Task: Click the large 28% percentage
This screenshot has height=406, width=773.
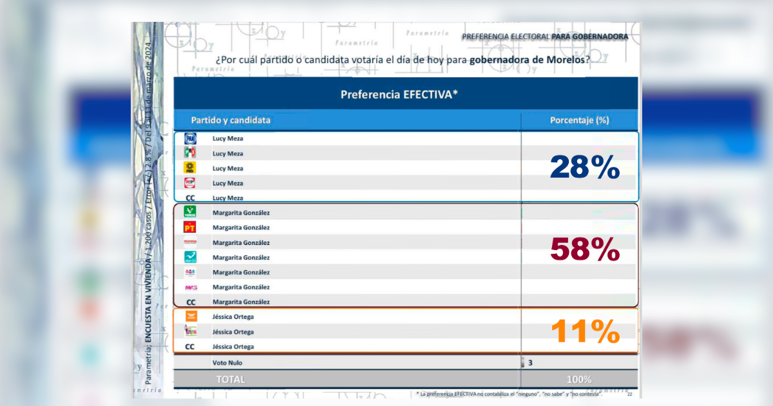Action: click(584, 168)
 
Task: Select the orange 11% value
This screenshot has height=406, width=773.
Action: click(584, 332)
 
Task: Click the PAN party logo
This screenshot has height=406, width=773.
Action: click(190, 139)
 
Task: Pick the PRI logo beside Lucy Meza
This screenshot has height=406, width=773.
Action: click(190, 153)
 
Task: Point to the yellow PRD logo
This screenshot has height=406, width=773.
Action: click(190, 168)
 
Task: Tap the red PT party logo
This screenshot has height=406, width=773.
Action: click(190, 227)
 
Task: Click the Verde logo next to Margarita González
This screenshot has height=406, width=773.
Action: click(190, 212)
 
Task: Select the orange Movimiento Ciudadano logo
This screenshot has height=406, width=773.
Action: click(190, 316)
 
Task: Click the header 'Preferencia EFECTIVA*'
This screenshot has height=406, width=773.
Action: click(399, 95)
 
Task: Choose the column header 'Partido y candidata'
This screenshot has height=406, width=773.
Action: click(231, 121)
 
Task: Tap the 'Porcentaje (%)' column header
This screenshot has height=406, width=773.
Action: click(579, 121)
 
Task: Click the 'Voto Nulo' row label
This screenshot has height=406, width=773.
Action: click(228, 363)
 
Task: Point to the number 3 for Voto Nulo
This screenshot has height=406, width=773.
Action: click(530, 363)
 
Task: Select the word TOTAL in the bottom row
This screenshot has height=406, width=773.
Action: click(231, 380)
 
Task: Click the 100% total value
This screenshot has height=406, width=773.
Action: click(578, 380)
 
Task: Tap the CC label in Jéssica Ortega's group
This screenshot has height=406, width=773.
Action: click(190, 347)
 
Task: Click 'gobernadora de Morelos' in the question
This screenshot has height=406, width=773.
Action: click(528, 59)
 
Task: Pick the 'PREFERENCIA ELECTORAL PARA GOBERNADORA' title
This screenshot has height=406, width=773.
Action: click(544, 37)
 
